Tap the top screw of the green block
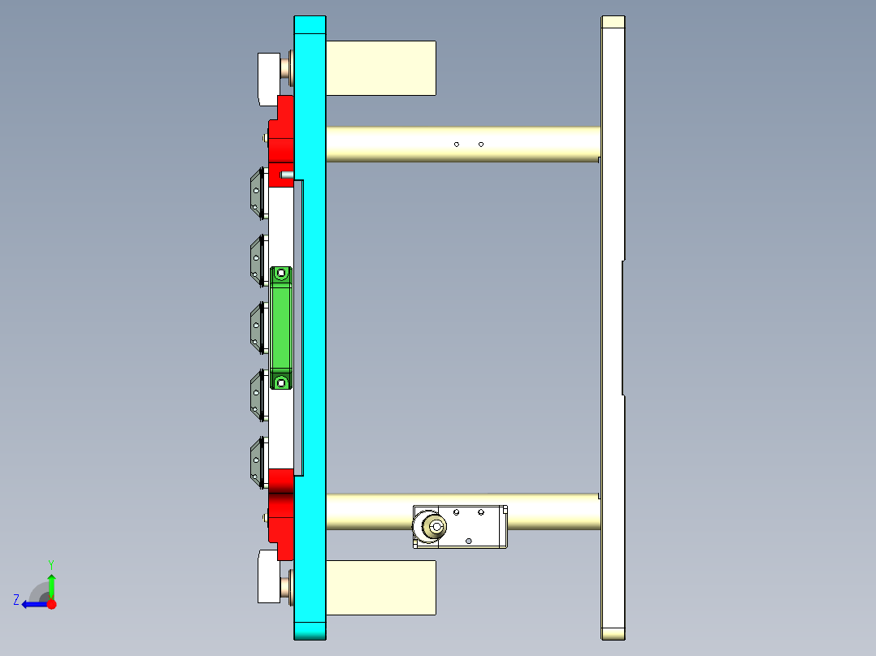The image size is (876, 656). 282,274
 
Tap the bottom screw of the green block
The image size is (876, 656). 282,382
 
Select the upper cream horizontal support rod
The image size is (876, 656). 463,145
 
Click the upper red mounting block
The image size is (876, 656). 282,134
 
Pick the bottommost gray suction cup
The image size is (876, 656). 258,462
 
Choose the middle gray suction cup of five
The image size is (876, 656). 258,328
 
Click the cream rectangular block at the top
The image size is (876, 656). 380,67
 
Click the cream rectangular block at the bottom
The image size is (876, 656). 380,587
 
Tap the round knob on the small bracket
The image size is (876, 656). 436,528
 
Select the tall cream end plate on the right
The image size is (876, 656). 613,325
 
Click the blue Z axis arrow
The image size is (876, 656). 33,604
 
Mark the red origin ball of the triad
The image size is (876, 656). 52,604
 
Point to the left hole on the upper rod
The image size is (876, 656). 457,145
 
